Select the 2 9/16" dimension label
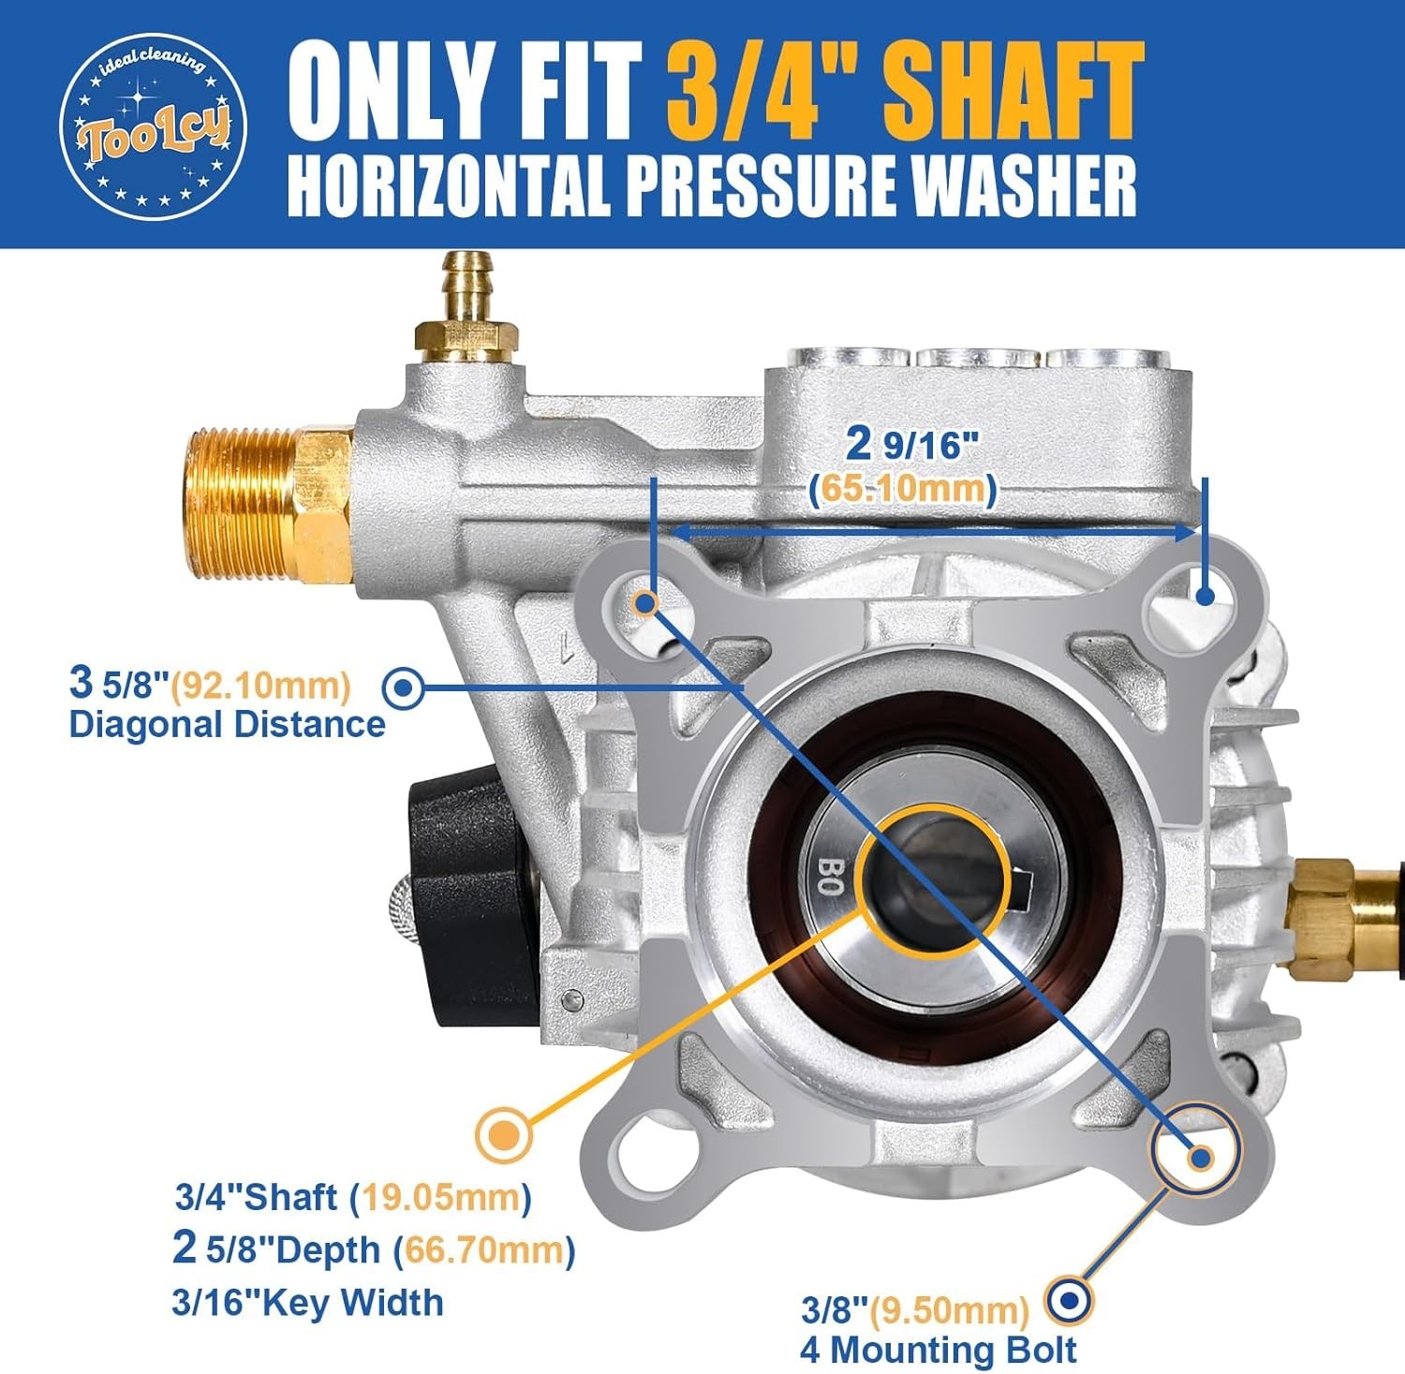point(905,444)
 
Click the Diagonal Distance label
point(228,724)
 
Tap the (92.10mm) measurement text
point(265,685)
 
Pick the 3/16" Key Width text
point(307,1302)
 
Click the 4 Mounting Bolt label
point(938,1350)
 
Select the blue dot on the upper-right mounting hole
point(1205,596)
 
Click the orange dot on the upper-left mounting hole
point(645,602)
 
